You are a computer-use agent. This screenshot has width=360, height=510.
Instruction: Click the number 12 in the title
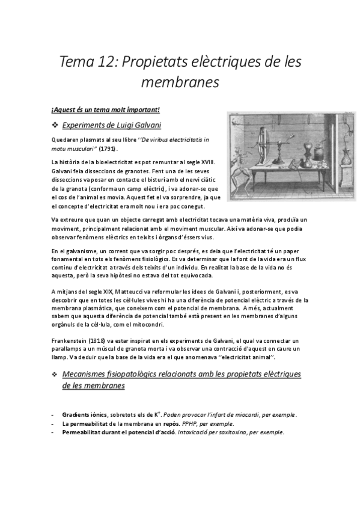pos(114,63)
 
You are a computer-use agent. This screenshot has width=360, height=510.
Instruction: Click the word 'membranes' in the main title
pos(180,82)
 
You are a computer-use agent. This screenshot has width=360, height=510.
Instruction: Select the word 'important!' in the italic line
pos(140,109)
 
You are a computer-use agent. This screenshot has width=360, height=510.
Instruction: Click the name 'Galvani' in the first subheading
pos(140,125)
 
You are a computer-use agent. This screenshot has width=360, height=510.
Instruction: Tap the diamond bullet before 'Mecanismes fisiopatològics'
pos(55,375)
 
